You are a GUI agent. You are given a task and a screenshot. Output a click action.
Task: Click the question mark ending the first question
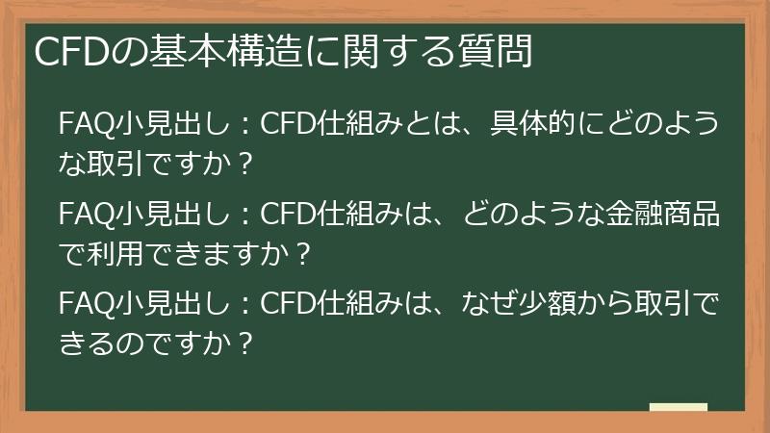pos(244,165)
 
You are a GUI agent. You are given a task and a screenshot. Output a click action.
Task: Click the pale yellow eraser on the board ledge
pos(678,406)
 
